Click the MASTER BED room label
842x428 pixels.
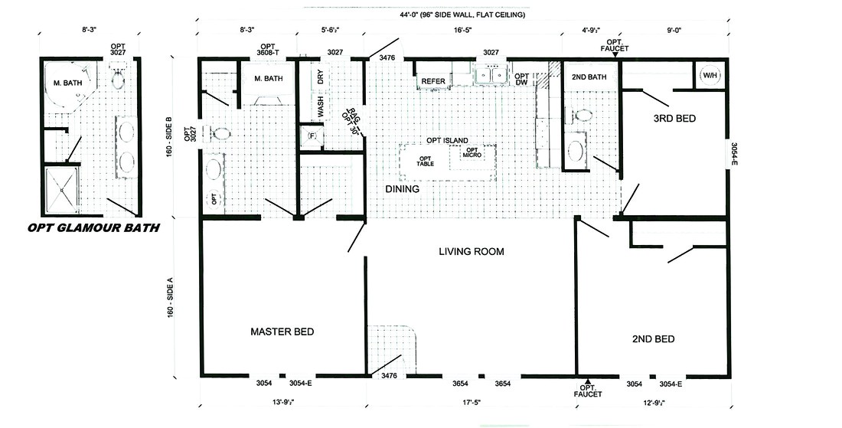click(282, 332)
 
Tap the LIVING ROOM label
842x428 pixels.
click(472, 251)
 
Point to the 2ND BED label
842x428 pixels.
click(653, 338)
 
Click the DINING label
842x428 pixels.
click(403, 188)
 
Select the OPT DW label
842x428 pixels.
click(521, 80)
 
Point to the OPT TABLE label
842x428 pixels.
click(425, 161)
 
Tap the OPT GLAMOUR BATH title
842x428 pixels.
click(93, 227)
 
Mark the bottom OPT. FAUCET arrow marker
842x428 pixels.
click(588, 381)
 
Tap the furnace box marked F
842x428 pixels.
click(312, 136)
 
